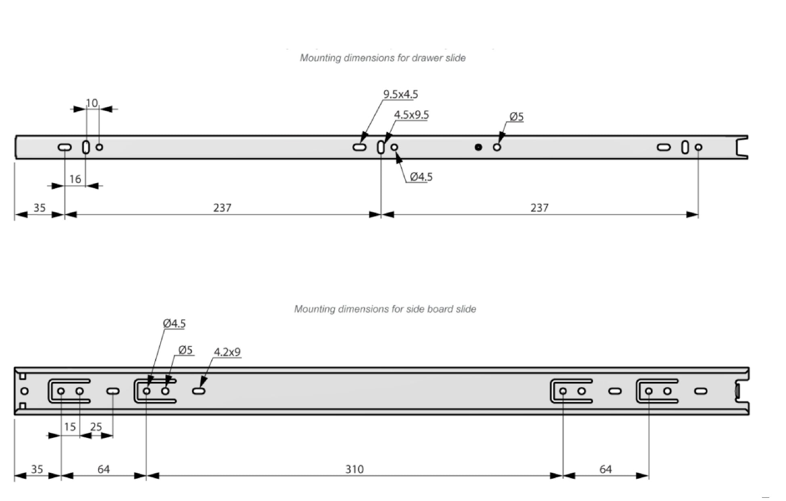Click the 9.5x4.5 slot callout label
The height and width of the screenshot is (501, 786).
point(400,94)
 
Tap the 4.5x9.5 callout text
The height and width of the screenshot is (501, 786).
point(411,115)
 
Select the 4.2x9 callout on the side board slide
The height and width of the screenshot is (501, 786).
point(227,352)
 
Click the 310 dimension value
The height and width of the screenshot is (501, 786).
point(354,469)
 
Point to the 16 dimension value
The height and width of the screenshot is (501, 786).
point(75,179)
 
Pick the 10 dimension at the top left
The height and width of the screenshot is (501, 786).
point(92,103)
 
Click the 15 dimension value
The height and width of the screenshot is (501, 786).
point(70,427)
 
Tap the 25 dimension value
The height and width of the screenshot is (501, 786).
point(96,427)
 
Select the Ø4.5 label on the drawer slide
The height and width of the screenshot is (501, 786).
point(421,177)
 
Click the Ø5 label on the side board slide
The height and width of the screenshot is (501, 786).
point(185,350)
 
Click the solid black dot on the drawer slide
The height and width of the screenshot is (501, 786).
point(478,147)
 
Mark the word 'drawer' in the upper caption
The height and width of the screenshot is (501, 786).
point(427,58)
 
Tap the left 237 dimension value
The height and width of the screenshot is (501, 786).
point(222,208)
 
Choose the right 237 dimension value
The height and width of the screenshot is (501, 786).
point(539,208)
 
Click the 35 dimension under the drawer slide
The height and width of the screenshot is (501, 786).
point(39,208)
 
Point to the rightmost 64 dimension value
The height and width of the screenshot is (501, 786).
point(605,469)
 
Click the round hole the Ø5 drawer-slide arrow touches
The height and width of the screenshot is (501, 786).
point(497,147)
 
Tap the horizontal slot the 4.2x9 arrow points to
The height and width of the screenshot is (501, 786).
point(199,391)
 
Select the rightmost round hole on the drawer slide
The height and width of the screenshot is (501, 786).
point(698,147)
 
